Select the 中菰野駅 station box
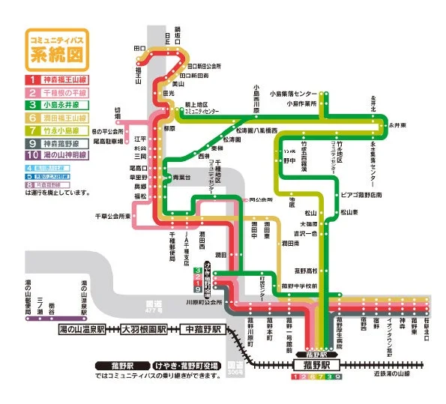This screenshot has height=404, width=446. pos(202,330)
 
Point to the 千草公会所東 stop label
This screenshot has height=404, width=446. pos(112,217)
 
